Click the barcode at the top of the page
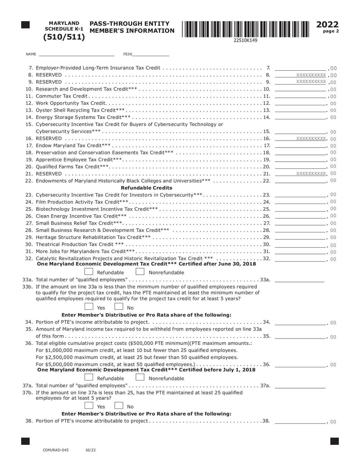click(x=245, y=28)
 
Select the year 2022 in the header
click(x=328, y=25)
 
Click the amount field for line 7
click(x=300, y=68)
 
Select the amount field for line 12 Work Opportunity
click(x=300, y=104)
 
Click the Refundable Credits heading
click(x=147, y=188)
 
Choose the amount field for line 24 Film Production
click(x=300, y=202)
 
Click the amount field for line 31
click(x=300, y=251)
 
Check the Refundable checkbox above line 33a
click(x=89, y=272)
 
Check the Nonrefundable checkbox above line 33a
click(x=140, y=272)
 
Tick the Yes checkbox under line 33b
click(x=89, y=307)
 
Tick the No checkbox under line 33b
click(x=119, y=307)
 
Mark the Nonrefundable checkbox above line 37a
click(x=140, y=378)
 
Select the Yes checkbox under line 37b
click(x=89, y=406)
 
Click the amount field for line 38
click(x=300, y=421)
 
